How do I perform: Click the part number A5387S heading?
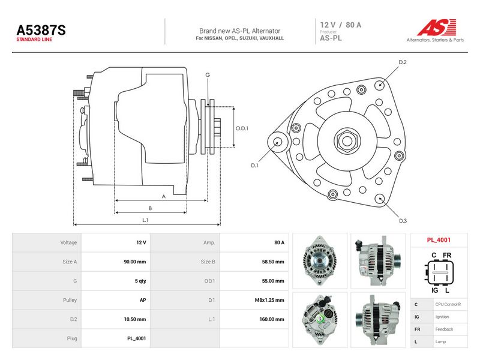pyautogui.click(x=41, y=31)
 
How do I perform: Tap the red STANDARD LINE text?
pyautogui.click(x=34, y=40)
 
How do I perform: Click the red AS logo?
pyautogui.click(x=437, y=27)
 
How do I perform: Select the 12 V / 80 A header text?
pyautogui.click(x=341, y=25)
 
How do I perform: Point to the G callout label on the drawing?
pyautogui.click(x=208, y=75)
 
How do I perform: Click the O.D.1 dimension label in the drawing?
pyautogui.click(x=242, y=128)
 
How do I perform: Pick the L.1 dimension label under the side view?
pyautogui.click(x=145, y=220)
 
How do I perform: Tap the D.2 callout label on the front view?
pyautogui.click(x=403, y=62)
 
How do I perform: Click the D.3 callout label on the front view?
pyautogui.click(x=403, y=221)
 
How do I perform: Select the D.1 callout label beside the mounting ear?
pyautogui.click(x=254, y=166)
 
